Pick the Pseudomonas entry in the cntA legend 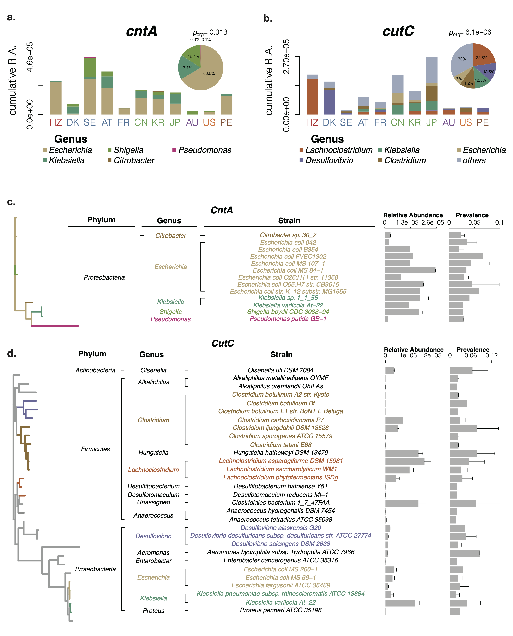point(205,150)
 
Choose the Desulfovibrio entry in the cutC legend point(329,160)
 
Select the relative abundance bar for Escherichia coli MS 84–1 point(410,270)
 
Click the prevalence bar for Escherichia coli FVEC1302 point(466,256)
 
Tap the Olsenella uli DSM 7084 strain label point(280,370)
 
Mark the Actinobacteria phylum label point(95,370)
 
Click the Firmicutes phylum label point(95,449)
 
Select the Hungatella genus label point(153,453)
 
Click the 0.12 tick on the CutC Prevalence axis point(491,355)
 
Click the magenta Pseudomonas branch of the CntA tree point(55,326)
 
